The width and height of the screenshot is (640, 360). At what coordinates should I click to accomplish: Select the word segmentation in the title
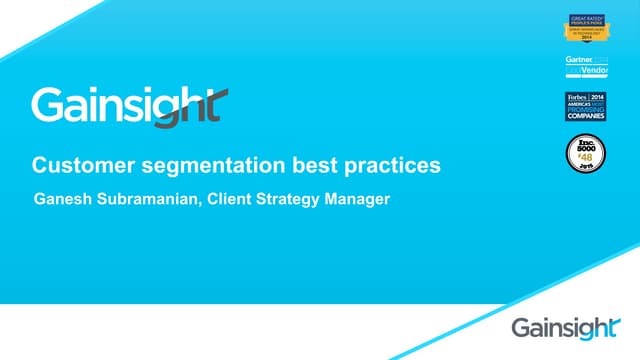coord(178,163)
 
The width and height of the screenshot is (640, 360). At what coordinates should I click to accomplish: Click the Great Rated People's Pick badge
coord(586,29)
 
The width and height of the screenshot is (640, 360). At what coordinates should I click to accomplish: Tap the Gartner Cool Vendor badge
coord(586,67)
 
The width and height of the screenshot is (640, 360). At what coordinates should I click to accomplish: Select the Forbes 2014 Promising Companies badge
coord(586,105)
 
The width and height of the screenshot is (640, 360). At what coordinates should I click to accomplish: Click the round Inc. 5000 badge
coord(586,153)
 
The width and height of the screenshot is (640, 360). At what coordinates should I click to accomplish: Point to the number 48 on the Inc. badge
coord(587,157)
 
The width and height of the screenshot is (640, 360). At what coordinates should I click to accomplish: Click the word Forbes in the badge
coord(576,97)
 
